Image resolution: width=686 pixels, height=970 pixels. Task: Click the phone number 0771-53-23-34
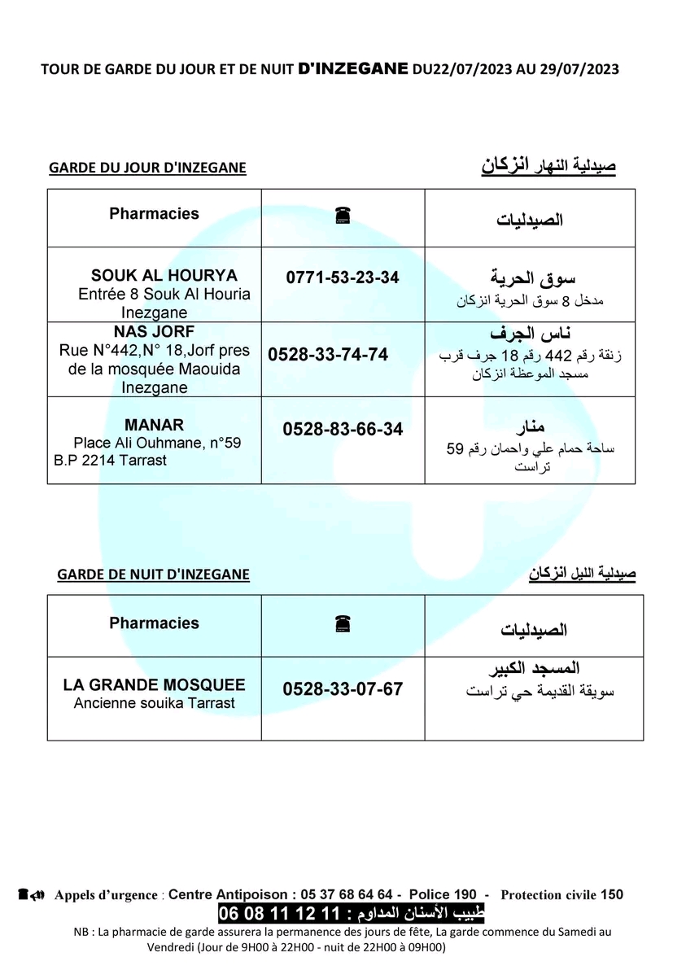(x=343, y=277)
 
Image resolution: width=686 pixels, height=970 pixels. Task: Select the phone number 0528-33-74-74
(x=328, y=355)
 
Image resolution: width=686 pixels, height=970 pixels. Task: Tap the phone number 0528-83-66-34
(x=343, y=429)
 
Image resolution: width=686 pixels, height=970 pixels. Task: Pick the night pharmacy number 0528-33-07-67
(x=343, y=689)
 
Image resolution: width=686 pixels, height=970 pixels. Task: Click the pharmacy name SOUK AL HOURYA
(x=164, y=275)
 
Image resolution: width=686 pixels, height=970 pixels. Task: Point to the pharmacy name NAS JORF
(x=155, y=332)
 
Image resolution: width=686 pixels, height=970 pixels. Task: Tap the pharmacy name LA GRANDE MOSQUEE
(x=154, y=685)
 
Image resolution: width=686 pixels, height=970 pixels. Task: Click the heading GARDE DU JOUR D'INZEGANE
(x=147, y=168)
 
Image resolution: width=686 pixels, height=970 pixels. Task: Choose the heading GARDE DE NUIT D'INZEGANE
(x=153, y=575)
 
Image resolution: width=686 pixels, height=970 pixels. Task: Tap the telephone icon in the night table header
(x=342, y=624)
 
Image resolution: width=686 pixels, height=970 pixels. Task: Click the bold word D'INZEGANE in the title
(x=354, y=69)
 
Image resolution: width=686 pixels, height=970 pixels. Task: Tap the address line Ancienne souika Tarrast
(x=154, y=703)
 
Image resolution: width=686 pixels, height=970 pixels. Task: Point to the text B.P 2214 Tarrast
(x=110, y=461)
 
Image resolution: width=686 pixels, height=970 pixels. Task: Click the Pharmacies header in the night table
(x=154, y=623)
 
